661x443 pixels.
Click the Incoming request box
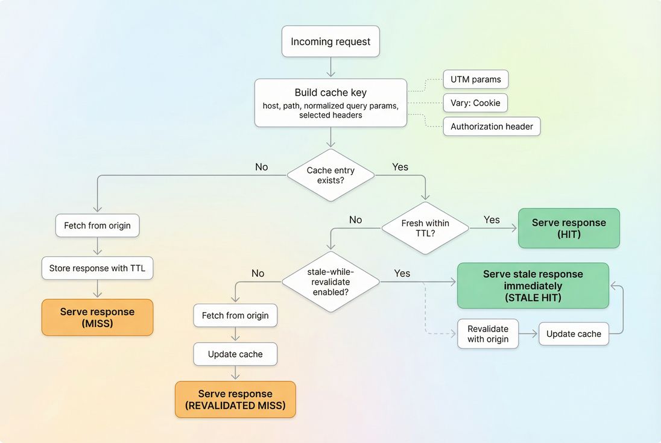pyautogui.click(x=330, y=42)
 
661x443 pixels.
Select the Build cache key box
pyautogui.click(x=330, y=103)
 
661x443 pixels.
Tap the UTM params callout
pyautogui.click(x=476, y=80)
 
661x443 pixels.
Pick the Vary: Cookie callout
pyautogui.click(x=475, y=102)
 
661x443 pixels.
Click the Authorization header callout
pyautogui.click(x=492, y=127)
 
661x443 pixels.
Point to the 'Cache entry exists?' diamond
pyautogui.click(x=330, y=175)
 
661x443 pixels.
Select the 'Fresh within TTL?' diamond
pyautogui.click(x=425, y=228)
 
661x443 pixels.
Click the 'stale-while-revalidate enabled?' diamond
pyautogui.click(x=330, y=281)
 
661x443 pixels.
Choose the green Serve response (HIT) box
pyautogui.click(x=569, y=228)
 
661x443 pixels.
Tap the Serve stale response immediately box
pyautogui.click(x=533, y=285)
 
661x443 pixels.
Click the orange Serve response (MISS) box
pyautogui.click(x=97, y=318)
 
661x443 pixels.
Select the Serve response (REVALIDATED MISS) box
pyautogui.click(x=235, y=400)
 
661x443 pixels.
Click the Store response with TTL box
pyautogui.click(x=97, y=268)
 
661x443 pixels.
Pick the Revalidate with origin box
pyautogui.click(x=488, y=334)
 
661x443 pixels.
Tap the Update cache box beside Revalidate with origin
pyautogui.click(x=574, y=334)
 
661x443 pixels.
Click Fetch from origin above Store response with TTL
pyautogui.click(x=97, y=226)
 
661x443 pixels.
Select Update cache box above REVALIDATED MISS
pyautogui.click(x=235, y=354)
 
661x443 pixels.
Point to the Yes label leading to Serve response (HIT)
pyautogui.click(x=492, y=220)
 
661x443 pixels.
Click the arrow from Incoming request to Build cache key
pyautogui.click(x=330, y=68)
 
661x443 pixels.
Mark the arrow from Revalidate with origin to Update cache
pyautogui.click(x=528, y=334)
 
